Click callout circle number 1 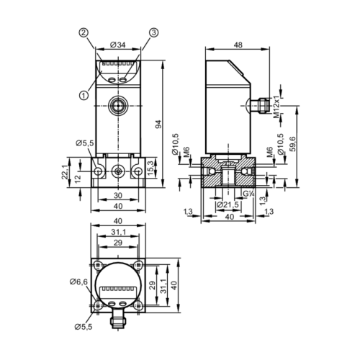click(x=84, y=96)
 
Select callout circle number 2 click(x=84, y=33)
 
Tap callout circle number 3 click(x=154, y=33)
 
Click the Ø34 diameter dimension click(x=118, y=45)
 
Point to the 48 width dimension click(x=238, y=45)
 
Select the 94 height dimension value click(x=159, y=124)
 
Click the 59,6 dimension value click(x=293, y=143)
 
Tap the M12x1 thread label click(x=276, y=107)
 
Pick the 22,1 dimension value click(x=65, y=172)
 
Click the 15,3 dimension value click(x=150, y=168)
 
